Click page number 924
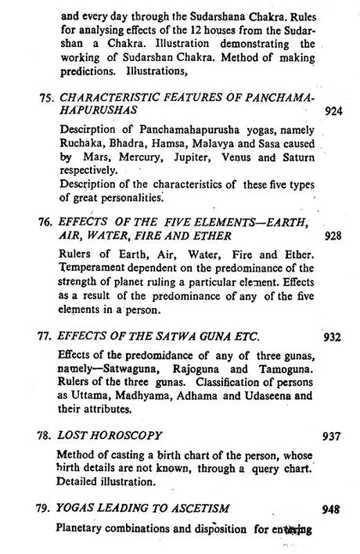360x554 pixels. click(x=333, y=111)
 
